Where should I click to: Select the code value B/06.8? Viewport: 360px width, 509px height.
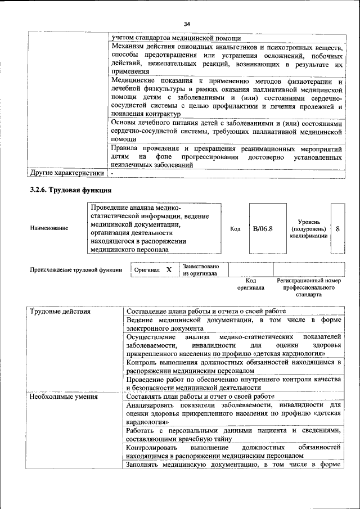click(x=263, y=229)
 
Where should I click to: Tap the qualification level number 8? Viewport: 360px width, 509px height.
click(x=337, y=229)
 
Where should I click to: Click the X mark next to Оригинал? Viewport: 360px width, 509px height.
click(x=169, y=269)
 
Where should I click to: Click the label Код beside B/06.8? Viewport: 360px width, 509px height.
click(x=236, y=229)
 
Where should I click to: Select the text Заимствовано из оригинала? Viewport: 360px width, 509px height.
click(x=201, y=269)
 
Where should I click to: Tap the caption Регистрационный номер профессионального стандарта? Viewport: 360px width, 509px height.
click(x=309, y=287)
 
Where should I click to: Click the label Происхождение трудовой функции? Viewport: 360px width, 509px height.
click(x=76, y=270)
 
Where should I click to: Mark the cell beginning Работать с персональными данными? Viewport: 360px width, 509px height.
click(x=233, y=434)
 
